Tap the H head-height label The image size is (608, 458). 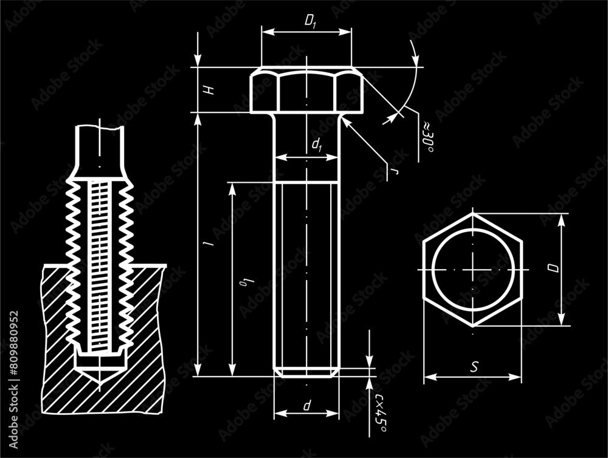pyautogui.click(x=209, y=90)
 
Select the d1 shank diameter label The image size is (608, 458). pyautogui.click(x=316, y=145)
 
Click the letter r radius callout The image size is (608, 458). pyautogui.click(x=395, y=173)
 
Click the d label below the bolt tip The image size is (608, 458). pyautogui.click(x=308, y=405)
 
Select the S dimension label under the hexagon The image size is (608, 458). pyautogui.click(x=474, y=367)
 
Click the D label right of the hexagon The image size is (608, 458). pyautogui.click(x=552, y=268)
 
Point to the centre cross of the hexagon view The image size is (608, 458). pyautogui.click(x=472, y=269)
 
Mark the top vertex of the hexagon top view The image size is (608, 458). pyautogui.click(x=472, y=213)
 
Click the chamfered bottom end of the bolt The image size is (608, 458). pyautogui.click(x=306, y=372)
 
